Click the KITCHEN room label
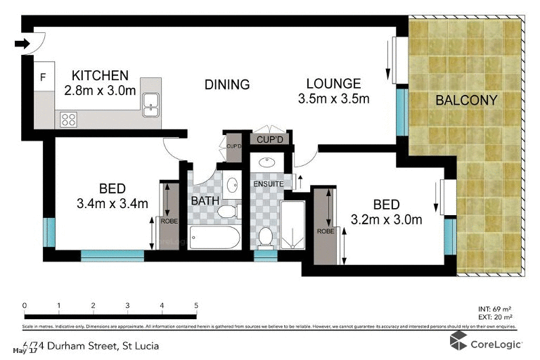[101, 75]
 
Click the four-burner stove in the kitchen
[68, 120]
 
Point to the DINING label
[227, 85]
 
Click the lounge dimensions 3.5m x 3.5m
[334, 98]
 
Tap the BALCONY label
[466, 101]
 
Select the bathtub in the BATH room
[215, 237]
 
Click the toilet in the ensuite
[266, 237]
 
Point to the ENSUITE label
[268, 184]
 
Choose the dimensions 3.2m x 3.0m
[386, 220]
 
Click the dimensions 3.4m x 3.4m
[112, 204]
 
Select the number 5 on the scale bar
[196, 305]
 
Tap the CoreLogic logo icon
[460, 341]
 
